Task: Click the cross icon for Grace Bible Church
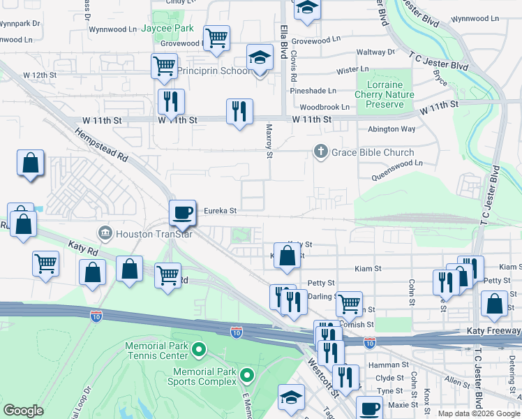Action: click(320, 152)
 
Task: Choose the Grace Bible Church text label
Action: click(373, 152)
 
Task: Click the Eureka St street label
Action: click(221, 210)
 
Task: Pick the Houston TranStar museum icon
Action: click(105, 233)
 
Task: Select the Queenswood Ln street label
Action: click(398, 163)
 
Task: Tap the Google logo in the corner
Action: click(24, 411)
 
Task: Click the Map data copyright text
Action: click(478, 413)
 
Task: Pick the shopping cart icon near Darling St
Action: click(349, 303)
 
